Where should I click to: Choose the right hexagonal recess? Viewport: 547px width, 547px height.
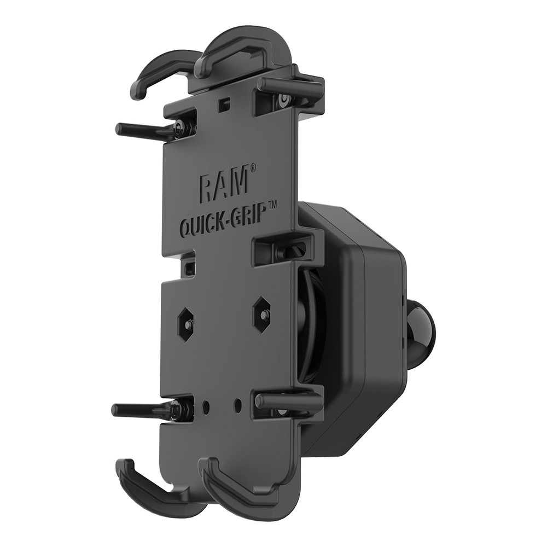click(263, 314)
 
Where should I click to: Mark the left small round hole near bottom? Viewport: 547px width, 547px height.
click(207, 408)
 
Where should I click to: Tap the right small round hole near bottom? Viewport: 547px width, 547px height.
click(237, 405)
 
